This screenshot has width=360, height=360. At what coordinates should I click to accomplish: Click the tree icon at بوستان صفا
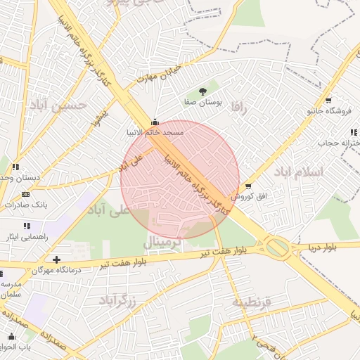[203, 91]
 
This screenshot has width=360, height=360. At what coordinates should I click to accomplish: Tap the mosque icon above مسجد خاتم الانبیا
[155, 121]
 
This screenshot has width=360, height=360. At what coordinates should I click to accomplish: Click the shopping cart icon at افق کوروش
[248, 186]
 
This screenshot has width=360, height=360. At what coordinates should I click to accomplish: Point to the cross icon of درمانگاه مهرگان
[56, 259]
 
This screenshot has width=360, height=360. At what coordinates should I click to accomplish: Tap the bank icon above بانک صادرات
[27, 194]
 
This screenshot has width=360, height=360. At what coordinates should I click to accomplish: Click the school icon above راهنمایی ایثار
[27, 226]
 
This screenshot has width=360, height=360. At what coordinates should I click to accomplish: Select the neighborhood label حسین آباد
[57, 105]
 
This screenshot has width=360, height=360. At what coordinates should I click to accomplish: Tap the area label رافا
[240, 108]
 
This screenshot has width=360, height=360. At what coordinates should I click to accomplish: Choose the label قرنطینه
[257, 302]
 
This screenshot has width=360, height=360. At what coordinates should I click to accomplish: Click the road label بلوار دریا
[323, 247]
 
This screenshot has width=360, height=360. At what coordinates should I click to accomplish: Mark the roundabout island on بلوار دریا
[277, 247]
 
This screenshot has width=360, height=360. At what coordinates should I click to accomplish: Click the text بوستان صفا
[203, 103]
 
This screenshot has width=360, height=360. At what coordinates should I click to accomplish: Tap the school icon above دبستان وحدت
[14, 167]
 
